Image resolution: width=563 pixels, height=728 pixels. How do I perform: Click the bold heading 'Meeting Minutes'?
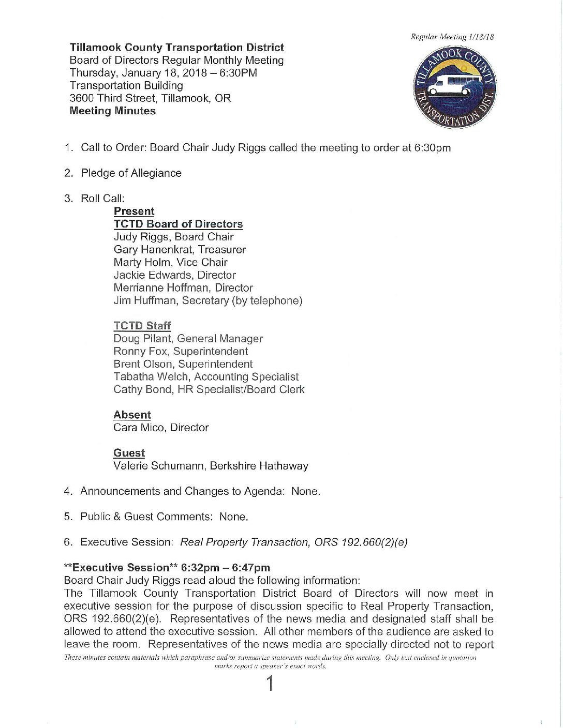112,111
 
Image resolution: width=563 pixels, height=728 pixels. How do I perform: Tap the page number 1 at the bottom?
270,684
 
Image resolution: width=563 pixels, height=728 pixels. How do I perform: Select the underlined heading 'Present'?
134,211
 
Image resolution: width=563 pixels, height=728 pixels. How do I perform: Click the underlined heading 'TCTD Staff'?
142,326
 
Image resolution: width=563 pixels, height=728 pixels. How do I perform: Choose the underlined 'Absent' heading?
132,415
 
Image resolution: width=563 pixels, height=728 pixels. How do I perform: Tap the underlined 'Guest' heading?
129,453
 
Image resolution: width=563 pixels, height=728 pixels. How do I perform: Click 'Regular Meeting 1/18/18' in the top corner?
452,37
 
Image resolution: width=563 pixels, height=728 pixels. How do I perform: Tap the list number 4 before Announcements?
67,491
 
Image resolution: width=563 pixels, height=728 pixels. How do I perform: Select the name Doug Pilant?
142,339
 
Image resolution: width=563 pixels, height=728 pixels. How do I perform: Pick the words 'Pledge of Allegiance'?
131,173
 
